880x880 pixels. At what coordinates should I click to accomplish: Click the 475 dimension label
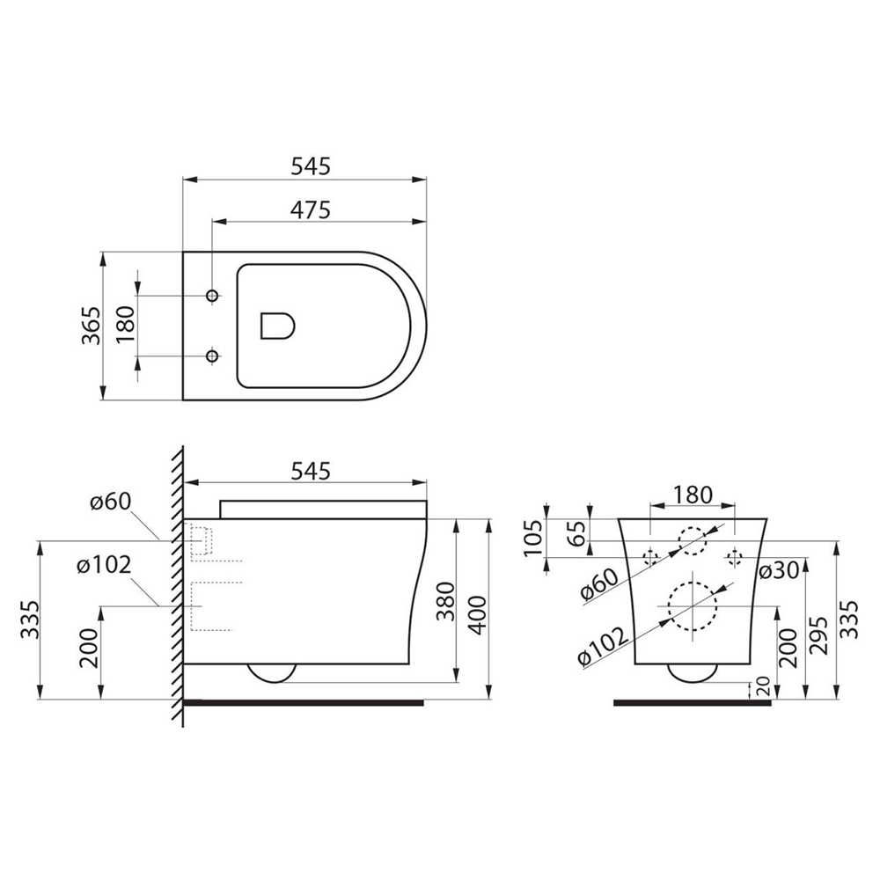coord(311,210)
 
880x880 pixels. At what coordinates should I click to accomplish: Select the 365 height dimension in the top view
coord(91,326)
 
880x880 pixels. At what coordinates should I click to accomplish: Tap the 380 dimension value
coord(445,602)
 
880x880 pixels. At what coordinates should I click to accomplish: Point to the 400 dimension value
coord(478,616)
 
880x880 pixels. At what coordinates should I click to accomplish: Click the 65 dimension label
coord(576,533)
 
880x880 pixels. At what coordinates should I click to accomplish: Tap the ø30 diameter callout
coord(779,571)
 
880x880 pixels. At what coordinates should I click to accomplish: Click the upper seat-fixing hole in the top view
coord(212,296)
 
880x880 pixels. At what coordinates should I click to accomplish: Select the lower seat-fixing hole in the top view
coord(212,356)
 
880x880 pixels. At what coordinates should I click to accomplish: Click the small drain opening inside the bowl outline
coord(278,326)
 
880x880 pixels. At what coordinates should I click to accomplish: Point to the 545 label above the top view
coord(311,166)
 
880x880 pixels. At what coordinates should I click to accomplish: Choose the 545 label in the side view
coord(311,472)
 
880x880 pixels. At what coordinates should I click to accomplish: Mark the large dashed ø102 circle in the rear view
coord(693,582)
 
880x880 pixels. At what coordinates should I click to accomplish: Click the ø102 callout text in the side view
coord(104,565)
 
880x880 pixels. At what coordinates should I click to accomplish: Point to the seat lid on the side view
coord(323,509)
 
